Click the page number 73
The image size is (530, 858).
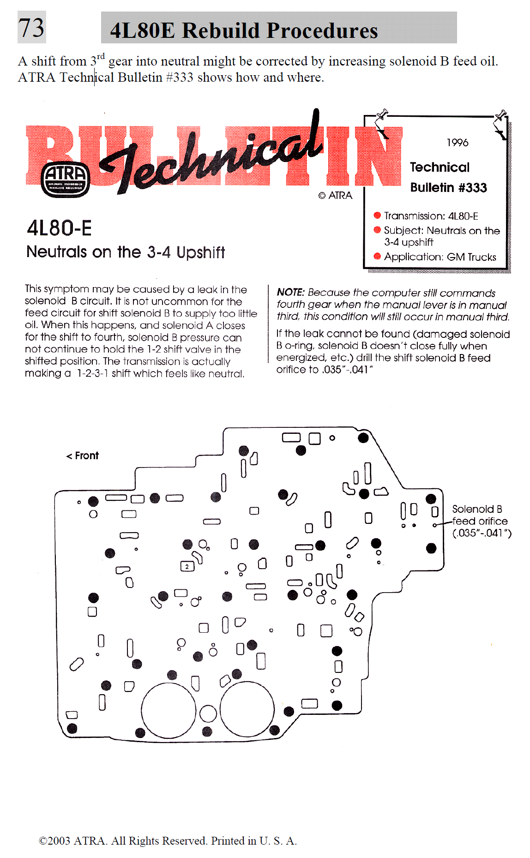pyautogui.click(x=31, y=27)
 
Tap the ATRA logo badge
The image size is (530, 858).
pyautogui.click(x=66, y=180)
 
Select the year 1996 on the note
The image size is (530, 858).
pyautogui.click(x=457, y=143)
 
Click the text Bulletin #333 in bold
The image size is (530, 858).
pyautogui.click(x=448, y=187)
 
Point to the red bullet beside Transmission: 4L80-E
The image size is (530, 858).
pyautogui.click(x=377, y=215)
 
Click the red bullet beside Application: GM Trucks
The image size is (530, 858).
pyautogui.click(x=377, y=256)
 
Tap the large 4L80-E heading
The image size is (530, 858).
pyautogui.click(x=60, y=228)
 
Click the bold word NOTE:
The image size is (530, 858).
pyautogui.click(x=290, y=292)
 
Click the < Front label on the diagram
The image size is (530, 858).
pyautogui.click(x=83, y=456)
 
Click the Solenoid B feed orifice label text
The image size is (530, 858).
pyautogui.click(x=480, y=521)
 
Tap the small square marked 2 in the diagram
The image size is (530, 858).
pyautogui.click(x=187, y=566)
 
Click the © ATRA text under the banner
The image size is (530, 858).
pyautogui.click(x=335, y=196)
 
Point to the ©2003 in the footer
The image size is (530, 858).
pyautogui.click(x=54, y=840)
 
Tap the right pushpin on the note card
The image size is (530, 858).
pyautogui.click(x=501, y=115)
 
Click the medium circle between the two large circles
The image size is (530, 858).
pyautogui.click(x=208, y=714)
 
